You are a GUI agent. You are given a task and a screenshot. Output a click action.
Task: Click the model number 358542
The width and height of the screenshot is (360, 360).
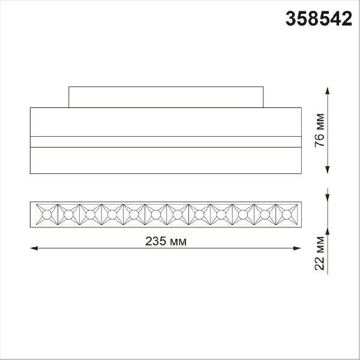pos(319,19)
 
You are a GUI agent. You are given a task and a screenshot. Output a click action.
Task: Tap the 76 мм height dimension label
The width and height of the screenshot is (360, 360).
pos(320,130)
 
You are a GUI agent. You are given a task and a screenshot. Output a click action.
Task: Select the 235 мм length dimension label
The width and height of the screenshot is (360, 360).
pos(166,241)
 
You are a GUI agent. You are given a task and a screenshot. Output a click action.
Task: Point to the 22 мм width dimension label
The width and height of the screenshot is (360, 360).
pos(320,253)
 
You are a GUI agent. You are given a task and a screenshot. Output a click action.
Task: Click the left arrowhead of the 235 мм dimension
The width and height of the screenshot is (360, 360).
pos(34,248)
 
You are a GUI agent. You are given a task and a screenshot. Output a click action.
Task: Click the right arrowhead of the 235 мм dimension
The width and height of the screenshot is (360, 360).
pos(298,248)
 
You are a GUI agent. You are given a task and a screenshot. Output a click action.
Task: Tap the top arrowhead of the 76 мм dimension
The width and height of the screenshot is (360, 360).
pos(328,91)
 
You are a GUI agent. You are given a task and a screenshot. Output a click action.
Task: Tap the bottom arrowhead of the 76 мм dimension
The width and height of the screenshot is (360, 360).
pos(328,170)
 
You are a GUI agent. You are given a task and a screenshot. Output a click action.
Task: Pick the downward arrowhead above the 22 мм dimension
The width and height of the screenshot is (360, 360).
pos(328,198)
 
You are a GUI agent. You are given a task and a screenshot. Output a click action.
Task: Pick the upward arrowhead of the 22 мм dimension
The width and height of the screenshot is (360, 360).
pos(328,231)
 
